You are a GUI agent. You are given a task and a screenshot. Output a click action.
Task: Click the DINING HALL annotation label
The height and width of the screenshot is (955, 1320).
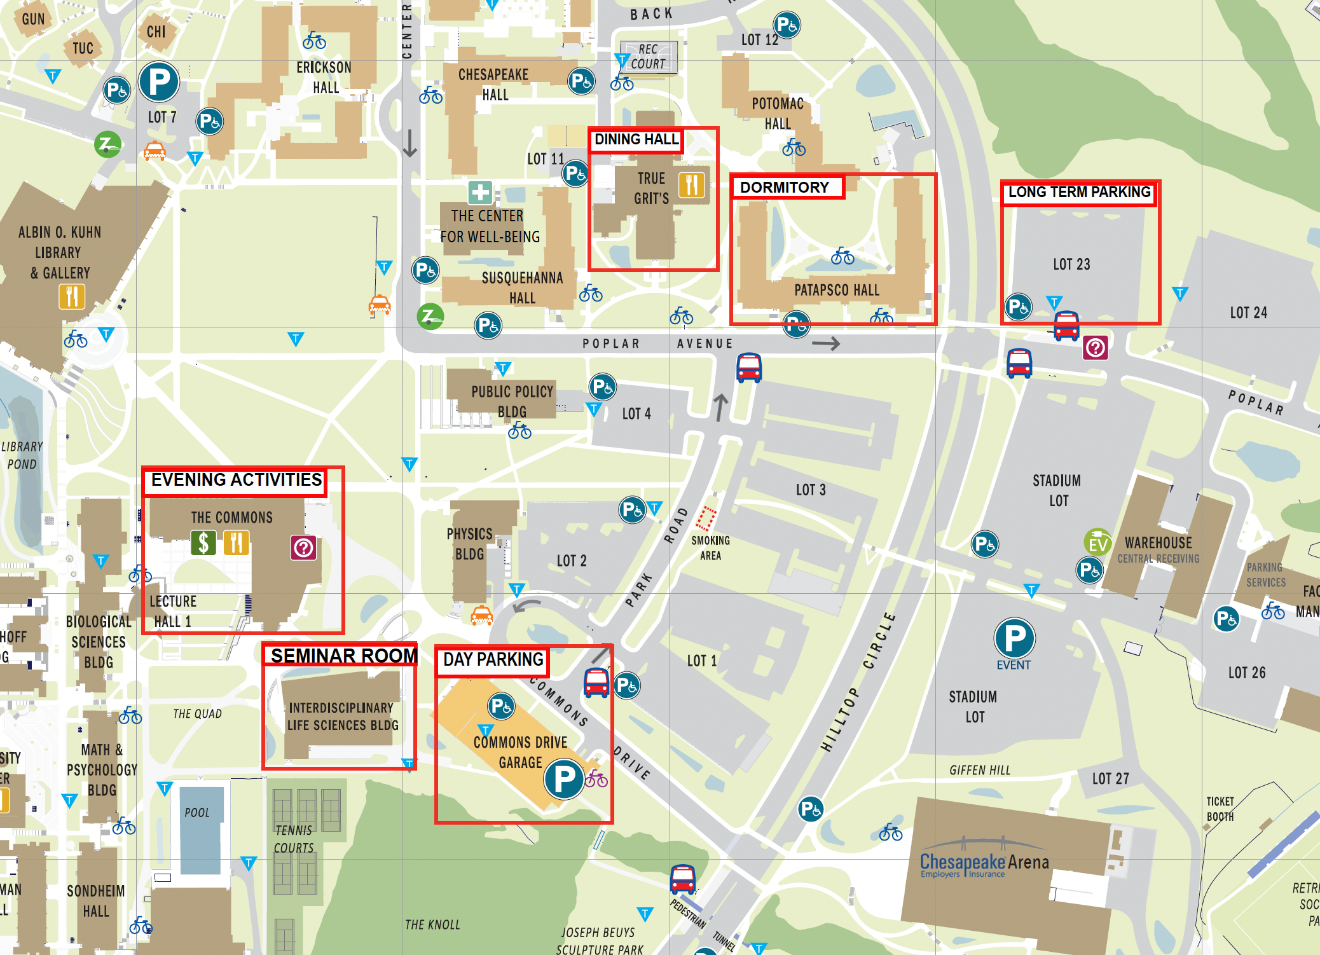coord(636,139)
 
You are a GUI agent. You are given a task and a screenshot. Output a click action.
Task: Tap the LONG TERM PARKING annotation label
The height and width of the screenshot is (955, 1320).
coord(1079,192)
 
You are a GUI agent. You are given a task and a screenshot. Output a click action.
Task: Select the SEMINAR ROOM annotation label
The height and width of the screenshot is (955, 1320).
coord(343,655)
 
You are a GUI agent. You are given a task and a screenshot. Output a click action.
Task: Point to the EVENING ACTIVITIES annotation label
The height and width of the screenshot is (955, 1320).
coord(236,480)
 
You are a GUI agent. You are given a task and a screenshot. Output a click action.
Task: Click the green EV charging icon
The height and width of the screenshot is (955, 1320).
coord(1097,543)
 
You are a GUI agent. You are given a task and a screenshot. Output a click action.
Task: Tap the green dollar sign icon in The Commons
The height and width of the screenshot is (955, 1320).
coord(203,543)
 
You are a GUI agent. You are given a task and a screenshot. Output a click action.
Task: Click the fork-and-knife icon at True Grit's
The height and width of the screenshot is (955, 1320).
coord(692,185)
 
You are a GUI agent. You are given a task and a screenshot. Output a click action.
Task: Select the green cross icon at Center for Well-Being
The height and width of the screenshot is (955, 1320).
coord(481,193)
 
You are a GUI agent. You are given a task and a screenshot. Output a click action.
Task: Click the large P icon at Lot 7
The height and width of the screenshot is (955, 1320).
coord(159,82)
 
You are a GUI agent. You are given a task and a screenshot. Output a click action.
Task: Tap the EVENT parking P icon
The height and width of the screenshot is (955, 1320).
coord(1014,638)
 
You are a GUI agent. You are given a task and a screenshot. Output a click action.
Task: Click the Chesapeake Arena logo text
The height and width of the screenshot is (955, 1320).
coord(984,863)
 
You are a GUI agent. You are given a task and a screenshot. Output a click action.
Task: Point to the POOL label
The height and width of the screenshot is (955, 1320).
coord(197,813)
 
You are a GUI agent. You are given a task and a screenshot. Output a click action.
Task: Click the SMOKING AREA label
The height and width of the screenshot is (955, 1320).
coord(710,547)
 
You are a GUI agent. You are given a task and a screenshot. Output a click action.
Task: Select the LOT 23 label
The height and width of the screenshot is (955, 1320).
coord(1071,265)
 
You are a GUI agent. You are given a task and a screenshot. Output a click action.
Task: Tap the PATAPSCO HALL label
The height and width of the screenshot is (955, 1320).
coord(837,291)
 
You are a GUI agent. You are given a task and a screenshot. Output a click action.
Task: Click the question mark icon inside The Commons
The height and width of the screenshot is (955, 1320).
coord(304,547)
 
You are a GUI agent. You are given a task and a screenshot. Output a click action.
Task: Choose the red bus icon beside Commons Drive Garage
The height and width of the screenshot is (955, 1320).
coord(596,682)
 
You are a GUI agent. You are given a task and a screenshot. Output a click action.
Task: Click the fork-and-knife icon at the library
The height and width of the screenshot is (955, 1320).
coord(72,296)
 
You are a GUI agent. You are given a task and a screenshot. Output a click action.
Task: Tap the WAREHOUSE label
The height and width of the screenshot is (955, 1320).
coord(1158,543)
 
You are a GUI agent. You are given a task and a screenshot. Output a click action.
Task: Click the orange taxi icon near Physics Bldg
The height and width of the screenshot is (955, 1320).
coord(481,615)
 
